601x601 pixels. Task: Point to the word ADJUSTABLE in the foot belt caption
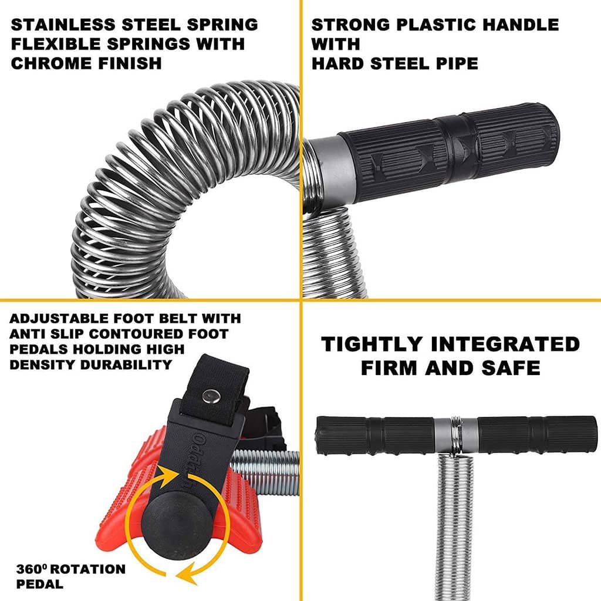[x=59, y=319]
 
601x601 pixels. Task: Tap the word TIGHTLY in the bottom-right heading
[x=372, y=344]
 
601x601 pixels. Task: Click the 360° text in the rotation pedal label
[x=32, y=569]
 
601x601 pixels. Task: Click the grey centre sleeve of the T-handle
[x=456, y=435]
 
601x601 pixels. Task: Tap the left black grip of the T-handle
[x=376, y=435]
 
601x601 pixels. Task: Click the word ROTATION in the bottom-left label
[x=88, y=569]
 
